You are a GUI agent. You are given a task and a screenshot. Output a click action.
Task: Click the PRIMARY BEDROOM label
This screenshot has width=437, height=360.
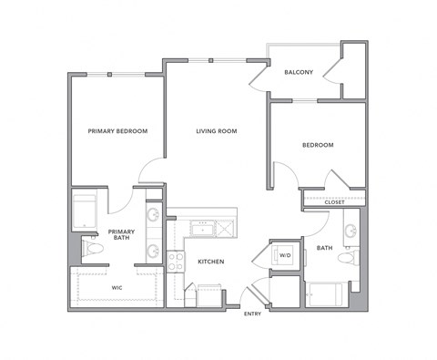click(x=117, y=131)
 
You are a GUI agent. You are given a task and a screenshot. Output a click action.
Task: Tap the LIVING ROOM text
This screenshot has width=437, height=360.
click(x=216, y=131)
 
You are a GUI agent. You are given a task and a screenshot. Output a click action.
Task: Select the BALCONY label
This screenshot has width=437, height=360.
click(x=299, y=72)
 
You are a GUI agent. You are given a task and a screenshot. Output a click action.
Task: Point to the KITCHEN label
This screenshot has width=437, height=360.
click(x=211, y=262)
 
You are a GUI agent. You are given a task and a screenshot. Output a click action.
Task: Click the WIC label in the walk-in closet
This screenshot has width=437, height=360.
click(x=117, y=288)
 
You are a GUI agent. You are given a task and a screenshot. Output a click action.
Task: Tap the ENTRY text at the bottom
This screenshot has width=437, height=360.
click(x=252, y=314)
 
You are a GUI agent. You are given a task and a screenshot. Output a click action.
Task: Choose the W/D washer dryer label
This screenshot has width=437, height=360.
click(x=284, y=255)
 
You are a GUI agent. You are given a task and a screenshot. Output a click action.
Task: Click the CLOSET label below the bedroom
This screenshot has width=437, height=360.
click(x=334, y=202)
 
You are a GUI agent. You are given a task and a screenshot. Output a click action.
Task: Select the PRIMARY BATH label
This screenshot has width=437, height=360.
click(x=121, y=236)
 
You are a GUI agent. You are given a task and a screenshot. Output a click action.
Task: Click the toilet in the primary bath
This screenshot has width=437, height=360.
click(x=92, y=247)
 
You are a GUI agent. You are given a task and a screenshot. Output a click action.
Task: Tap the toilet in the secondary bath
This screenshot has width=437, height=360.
click(x=347, y=258)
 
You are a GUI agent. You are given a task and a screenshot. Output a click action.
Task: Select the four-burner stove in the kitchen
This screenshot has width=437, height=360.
click(x=176, y=262)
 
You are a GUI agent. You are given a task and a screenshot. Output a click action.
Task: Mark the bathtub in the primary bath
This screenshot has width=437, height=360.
click(x=86, y=211)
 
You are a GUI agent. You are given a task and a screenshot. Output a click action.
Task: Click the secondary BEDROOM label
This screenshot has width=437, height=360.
click(x=317, y=145)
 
